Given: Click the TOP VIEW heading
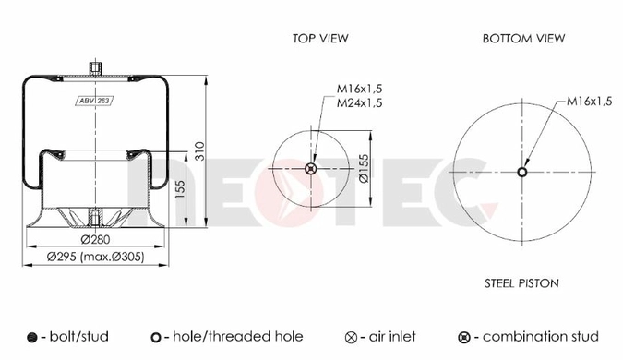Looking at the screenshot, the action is click(320, 39).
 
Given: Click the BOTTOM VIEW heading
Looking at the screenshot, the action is click(523, 39).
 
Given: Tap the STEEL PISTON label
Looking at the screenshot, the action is click(521, 283).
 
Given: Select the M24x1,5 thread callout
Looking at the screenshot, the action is click(359, 103).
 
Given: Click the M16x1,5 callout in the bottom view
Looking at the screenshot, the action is click(589, 102).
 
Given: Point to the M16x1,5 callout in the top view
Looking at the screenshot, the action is click(359, 89).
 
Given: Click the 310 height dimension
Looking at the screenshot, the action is click(200, 151).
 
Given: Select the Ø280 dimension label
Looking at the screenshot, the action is click(95, 240).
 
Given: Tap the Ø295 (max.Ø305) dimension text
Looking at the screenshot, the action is click(95, 258).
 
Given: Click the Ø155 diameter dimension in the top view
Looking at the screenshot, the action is click(364, 169).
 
